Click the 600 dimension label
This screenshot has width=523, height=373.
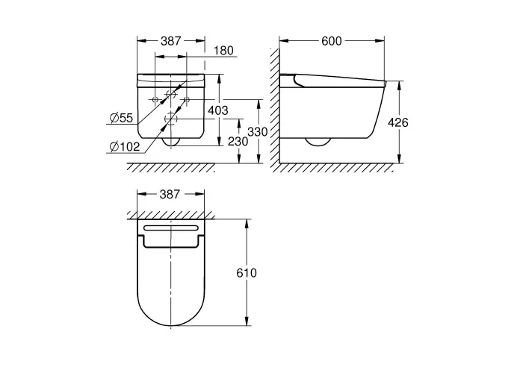point(332,41)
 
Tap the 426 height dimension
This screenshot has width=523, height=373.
point(398,122)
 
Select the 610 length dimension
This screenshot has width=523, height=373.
point(247,273)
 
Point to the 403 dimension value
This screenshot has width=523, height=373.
point(218,110)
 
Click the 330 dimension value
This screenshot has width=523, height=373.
point(258,132)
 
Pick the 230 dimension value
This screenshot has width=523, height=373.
point(238,142)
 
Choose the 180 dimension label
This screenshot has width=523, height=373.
point(223,51)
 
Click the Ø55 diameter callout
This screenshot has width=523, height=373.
point(121,118)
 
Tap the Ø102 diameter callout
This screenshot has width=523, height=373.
point(125,146)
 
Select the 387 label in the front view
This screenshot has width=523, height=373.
point(171,41)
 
